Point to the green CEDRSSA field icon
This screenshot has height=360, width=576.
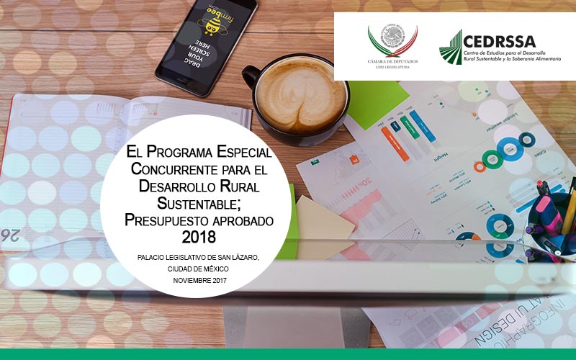(x=451, y=48)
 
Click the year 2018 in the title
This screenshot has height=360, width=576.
(x=196, y=236)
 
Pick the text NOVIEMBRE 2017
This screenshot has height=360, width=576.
(x=198, y=279)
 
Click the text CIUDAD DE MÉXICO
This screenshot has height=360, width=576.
(x=197, y=269)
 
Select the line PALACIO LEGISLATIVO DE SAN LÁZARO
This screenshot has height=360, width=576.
(x=197, y=258)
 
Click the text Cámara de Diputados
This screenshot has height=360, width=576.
(x=392, y=61)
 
